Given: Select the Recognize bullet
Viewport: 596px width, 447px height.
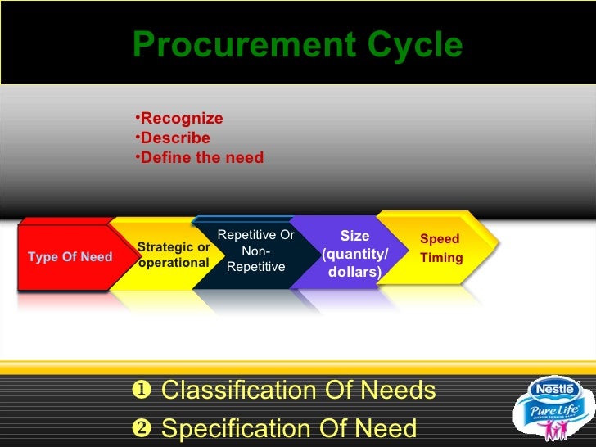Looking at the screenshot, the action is pyautogui.click(x=181, y=119).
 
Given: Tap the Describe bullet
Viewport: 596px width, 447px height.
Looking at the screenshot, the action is pyautogui.click(x=174, y=138).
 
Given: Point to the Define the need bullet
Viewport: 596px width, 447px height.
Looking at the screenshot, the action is pyautogui.click(x=201, y=157).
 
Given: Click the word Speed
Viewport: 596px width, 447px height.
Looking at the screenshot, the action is pyautogui.click(x=440, y=239).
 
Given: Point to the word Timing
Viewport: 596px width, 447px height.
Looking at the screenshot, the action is pyautogui.click(x=442, y=258).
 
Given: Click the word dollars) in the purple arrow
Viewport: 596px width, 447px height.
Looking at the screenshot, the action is pyautogui.click(x=354, y=271).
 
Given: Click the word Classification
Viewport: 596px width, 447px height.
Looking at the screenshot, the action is pyautogui.click(x=233, y=391).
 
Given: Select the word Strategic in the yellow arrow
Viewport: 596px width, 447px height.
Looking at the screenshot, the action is pyautogui.click(x=163, y=247).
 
